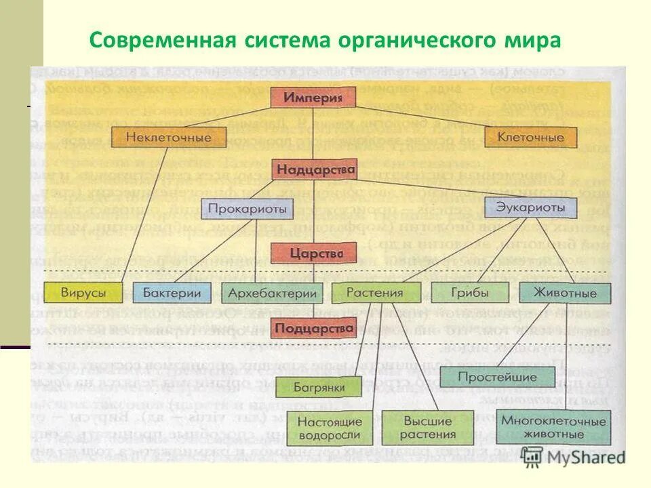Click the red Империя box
coord(313,97)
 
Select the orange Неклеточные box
coord(169,138)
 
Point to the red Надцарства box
coord(314,167)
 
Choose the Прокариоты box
coord(247,208)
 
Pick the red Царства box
coord(313,253)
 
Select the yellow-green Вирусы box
coord(83,293)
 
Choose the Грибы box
coord(470,293)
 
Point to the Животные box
coord(564,293)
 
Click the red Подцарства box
coord(313,329)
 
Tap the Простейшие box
coord(497,377)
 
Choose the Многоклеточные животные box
coord(553,427)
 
